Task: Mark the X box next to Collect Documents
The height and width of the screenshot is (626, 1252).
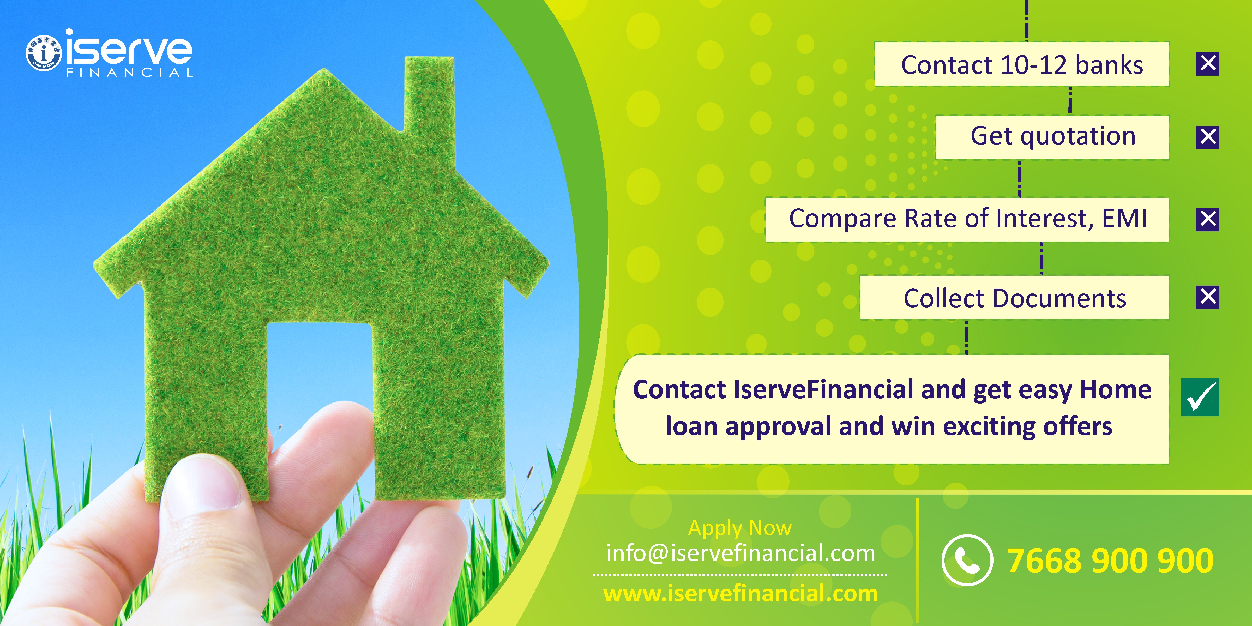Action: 1207,297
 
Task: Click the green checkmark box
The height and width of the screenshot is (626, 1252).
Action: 1200,397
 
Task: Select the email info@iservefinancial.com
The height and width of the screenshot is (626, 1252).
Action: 740,553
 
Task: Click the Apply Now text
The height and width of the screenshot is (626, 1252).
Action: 740,528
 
